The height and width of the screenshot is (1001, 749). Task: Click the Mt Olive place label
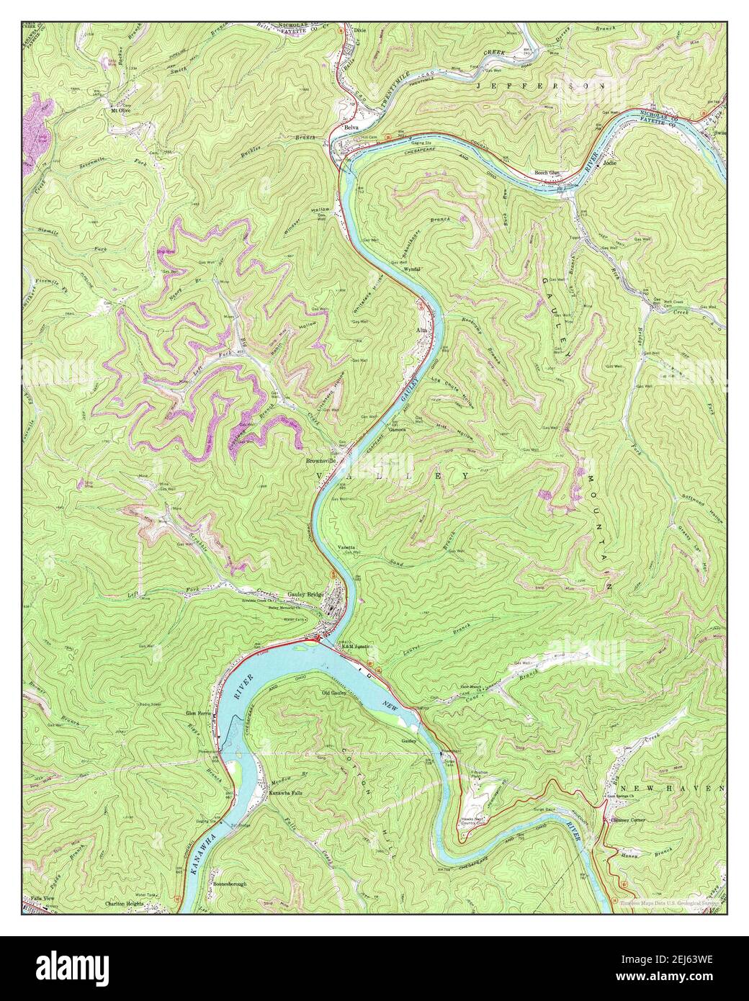coord(120,111)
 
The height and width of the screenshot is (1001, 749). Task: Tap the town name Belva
coord(351,127)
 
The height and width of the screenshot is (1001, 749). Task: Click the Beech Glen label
coord(547,173)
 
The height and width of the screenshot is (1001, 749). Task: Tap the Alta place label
coord(423,330)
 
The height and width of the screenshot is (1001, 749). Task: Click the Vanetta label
coord(347,547)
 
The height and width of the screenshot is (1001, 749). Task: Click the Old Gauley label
coord(335,693)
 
